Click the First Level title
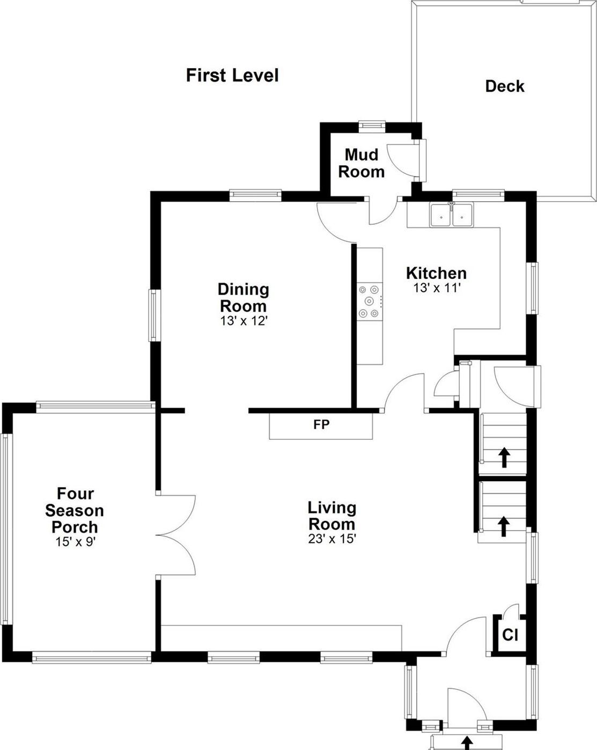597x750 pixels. pyautogui.click(x=232, y=75)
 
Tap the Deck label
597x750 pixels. pyautogui.click(x=504, y=86)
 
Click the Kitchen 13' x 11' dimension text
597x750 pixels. pyautogui.click(x=437, y=288)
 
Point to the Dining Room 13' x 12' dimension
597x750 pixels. pyautogui.click(x=244, y=321)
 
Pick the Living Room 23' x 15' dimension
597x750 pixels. pyautogui.click(x=332, y=539)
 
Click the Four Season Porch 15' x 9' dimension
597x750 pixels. pyautogui.click(x=75, y=541)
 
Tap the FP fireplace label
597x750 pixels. pyautogui.click(x=321, y=425)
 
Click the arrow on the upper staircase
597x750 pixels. pyautogui.click(x=504, y=457)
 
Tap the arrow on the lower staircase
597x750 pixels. pyautogui.click(x=503, y=526)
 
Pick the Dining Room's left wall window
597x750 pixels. pyautogui.click(x=154, y=315)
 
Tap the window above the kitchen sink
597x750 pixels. pyautogui.click(x=478, y=194)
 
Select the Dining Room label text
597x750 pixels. pyautogui.click(x=244, y=298)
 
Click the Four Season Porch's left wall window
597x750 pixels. pyautogui.click(x=6, y=528)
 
